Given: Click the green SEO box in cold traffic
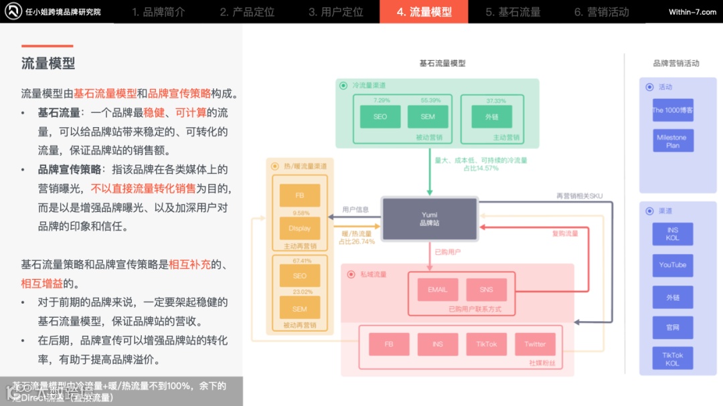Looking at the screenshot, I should point(380,116).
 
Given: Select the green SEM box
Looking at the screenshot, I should point(428,116).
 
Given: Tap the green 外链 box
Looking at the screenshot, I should point(492,116).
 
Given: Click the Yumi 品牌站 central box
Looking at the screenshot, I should point(429,219).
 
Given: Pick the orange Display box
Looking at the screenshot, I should point(300,228).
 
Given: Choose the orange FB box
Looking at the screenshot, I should point(300,196).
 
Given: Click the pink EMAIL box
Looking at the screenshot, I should point(437,290).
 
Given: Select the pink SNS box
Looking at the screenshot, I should point(486,290).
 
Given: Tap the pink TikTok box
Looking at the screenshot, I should point(487,344).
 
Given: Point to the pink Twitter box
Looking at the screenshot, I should point(535,344).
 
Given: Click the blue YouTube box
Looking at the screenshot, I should point(673,265).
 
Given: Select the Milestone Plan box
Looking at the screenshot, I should point(673,141).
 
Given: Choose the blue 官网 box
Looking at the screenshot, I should point(673,327).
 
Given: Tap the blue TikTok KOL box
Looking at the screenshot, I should point(673,359).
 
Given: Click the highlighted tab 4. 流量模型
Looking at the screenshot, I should point(424,12).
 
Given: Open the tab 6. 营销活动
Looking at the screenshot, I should point(601,12).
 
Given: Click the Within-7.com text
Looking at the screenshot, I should point(692,12).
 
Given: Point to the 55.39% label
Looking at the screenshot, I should point(430,100).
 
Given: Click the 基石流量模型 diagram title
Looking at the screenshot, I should point(442,64).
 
